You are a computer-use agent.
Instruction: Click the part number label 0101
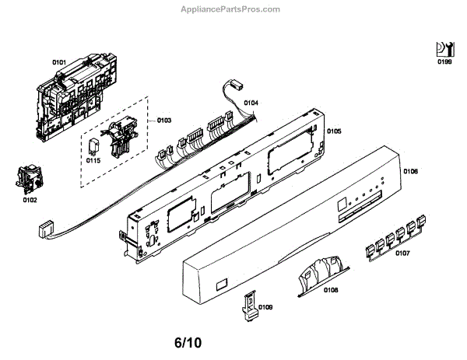(59, 61)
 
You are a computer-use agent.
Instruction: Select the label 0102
(30, 201)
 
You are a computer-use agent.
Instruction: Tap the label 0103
(164, 121)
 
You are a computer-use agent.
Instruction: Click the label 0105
(334, 131)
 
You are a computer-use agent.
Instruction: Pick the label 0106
(411, 171)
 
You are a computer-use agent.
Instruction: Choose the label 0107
(403, 253)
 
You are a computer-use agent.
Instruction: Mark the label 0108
(330, 290)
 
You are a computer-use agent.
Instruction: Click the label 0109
(265, 308)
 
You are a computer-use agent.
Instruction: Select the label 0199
(444, 61)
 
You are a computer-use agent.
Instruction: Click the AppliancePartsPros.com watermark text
(233, 9)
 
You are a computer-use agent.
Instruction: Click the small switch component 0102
(26, 180)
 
